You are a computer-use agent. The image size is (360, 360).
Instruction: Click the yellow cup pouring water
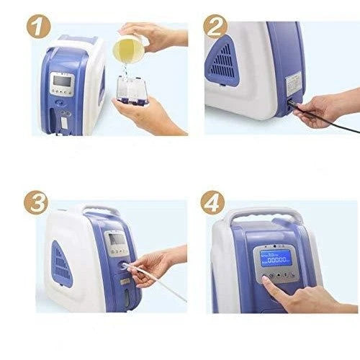[128, 50]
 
